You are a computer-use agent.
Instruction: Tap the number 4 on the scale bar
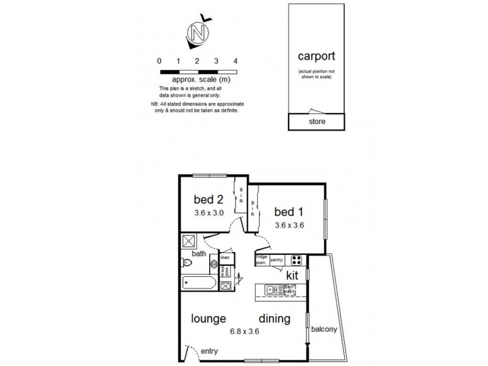(x=235, y=61)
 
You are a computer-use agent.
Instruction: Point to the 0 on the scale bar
(x=159, y=61)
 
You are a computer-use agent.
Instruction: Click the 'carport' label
(x=316, y=57)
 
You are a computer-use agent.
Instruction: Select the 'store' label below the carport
(x=317, y=121)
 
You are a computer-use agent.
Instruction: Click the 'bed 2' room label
(x=209, y=199)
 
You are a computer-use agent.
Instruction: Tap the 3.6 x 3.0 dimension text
(x=209, y=213)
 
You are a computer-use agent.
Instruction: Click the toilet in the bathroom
(x=187, y=263)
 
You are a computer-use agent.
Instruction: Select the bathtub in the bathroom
(x=198, y=283)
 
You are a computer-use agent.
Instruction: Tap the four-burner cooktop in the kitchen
(x=296, y=260)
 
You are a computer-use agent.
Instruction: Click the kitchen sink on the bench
(x=272, y=290)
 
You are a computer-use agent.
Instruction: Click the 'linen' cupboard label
(x=224, y=258)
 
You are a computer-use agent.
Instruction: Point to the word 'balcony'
(x=324, y=330)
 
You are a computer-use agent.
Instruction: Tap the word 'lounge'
(x=209, y=318)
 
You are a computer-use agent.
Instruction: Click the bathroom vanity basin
(x=214, y=265)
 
